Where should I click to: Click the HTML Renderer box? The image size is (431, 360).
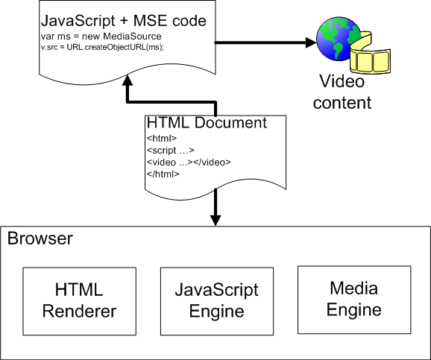point(80,301)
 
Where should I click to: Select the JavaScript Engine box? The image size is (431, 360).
point(217,301)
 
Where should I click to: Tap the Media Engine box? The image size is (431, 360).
point(354,300)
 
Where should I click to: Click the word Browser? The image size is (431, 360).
point(40,239)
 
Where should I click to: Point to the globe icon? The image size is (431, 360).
point(339,39)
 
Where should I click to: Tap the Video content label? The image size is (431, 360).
point(342,92)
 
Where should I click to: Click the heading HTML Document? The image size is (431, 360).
point(207,123)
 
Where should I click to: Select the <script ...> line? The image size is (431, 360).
point(171,151)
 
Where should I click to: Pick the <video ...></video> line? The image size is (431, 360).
point(189,162)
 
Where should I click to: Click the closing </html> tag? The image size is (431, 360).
point(163,174)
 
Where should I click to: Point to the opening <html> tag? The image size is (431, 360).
point(162,138)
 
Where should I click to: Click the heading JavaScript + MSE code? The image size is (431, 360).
point(124,21)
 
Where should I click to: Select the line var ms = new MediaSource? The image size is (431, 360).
point(101,37)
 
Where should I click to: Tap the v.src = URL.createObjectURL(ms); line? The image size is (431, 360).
point(102,47)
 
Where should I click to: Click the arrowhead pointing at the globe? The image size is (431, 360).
point(311,42)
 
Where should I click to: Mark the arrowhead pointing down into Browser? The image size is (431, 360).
point(215,220)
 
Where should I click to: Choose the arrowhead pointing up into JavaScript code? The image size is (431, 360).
point(128,80)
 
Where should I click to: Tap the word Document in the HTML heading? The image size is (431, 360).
point(230,123)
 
